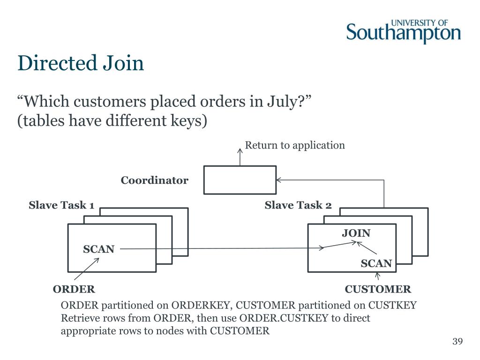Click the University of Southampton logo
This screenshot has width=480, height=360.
[x=404, y=31]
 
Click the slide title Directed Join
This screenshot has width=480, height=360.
[x=81, y=63]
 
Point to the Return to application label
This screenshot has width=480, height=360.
[x=295, y=145]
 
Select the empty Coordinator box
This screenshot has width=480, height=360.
[x=240, y=180]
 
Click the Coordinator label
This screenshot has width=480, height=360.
[x=154, y=180]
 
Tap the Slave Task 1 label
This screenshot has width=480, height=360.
[x=62, y=205]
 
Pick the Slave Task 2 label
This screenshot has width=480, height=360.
[x=298, y=205]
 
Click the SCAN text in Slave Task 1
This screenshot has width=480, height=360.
[x=98, y=249]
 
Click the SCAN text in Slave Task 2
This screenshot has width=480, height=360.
[x=376, y=263]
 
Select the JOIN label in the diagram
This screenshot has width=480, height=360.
[x=356, y=233]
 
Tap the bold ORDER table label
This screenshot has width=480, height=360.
[x=74, y=289]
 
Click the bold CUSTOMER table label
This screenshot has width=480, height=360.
[x=378, y=289]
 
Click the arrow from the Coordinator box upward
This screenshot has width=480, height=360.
[x=240, y=157]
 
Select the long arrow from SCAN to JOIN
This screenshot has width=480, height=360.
[x=220, y=248]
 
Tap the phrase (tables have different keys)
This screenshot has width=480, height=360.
[x=112, y=120]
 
